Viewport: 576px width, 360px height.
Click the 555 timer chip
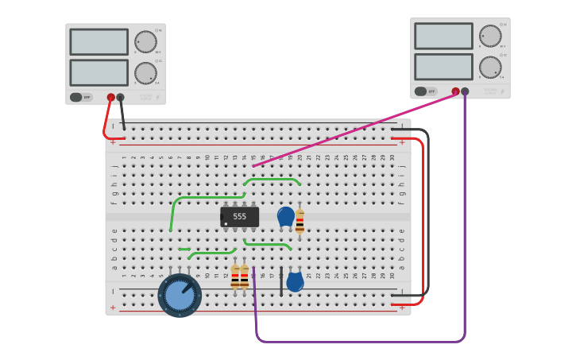(239, 216)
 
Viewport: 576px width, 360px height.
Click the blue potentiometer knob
(180, 295)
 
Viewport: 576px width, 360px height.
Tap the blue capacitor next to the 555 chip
(285, 216)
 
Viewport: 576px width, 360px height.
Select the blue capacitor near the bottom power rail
(295, 281)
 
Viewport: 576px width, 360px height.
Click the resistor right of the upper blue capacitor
(300, 223)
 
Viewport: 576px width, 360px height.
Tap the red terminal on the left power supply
(111, 97)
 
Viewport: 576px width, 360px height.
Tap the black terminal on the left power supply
(120, 97)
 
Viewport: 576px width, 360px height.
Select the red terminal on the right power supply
(455, 91)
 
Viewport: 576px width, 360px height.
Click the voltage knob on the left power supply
(145, 42)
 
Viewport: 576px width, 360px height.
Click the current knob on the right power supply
(490, 68)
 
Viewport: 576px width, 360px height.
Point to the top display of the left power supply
(99, 42)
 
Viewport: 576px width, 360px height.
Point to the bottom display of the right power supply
(443, 67)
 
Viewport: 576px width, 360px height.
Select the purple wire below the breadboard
(358, 342)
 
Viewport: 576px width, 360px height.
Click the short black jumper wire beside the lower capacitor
(280, 281)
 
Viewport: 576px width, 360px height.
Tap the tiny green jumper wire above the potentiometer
(184, 249)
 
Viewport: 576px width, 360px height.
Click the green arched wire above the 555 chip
(272, 180)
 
